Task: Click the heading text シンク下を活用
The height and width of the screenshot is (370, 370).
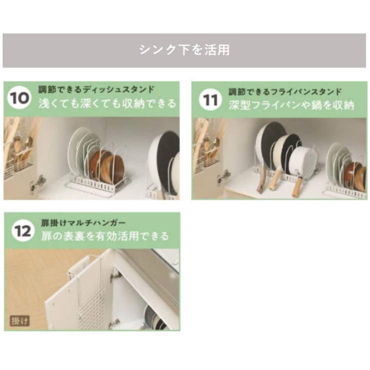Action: (184, 50)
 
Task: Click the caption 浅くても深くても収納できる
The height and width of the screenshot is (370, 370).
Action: (107, 104)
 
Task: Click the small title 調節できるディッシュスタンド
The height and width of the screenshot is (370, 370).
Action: (96, 90)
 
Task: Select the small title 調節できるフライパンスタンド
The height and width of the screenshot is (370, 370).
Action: (285, 91)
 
